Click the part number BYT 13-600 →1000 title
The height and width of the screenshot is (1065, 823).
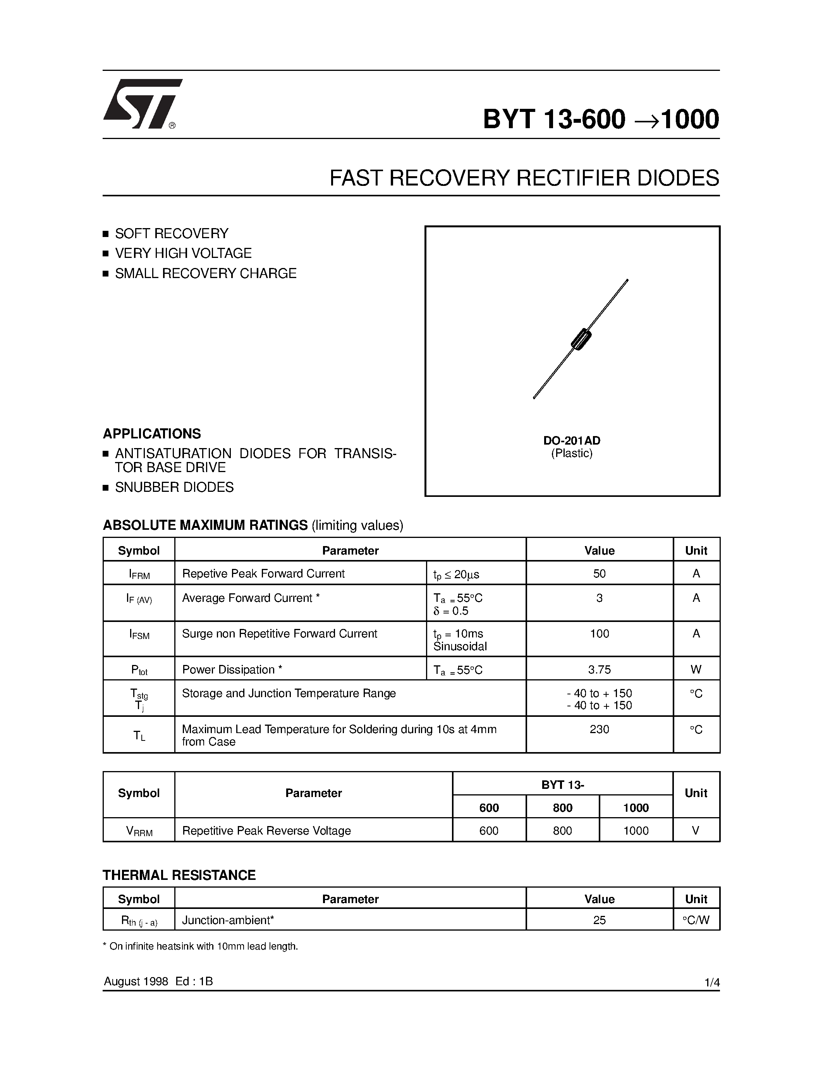[x=601, y=119]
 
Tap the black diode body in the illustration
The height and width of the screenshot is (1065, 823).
[x=581, y=339]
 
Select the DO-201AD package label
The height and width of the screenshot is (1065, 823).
[x=572, y=440]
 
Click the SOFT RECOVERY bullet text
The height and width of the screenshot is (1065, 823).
[x=172, y=234]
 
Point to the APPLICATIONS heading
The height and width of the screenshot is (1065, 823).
[x=152, y=433]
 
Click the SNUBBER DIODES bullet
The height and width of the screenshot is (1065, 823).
[x=174, y=487]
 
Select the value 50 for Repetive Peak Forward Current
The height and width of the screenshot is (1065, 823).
[x=599, y=574]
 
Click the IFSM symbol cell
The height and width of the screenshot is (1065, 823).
[x=139, y=634]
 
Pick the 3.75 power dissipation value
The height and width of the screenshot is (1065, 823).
[x=599, y=670]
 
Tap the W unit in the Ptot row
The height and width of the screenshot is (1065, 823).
[x=696, y=670]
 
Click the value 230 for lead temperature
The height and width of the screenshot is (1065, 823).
[x=599, y=730]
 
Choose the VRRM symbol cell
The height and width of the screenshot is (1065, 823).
[x=139, y=831]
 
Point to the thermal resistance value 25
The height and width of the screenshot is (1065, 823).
[x=599, y=920]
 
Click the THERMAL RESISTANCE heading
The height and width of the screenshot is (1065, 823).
[x=179, y=875]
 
